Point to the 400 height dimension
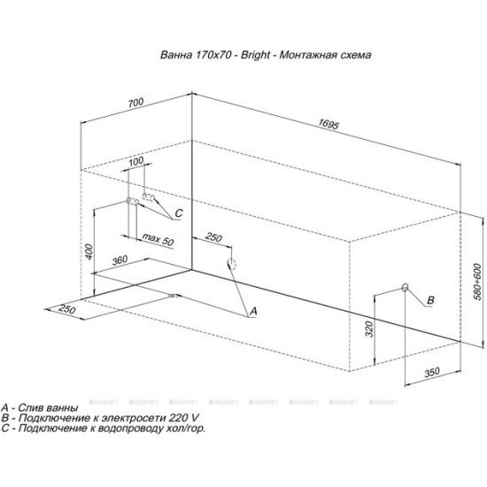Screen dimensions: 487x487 tap(89, 253)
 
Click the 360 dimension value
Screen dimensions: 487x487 tap(123, 260)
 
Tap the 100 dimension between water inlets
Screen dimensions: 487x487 tap(136, 163)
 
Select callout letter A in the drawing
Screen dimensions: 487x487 tap(252, 311)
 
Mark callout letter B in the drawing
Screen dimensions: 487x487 tap(430, 301)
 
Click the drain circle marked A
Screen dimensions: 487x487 tap(233, 264)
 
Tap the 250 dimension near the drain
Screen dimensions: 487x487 tap(213, 237)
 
